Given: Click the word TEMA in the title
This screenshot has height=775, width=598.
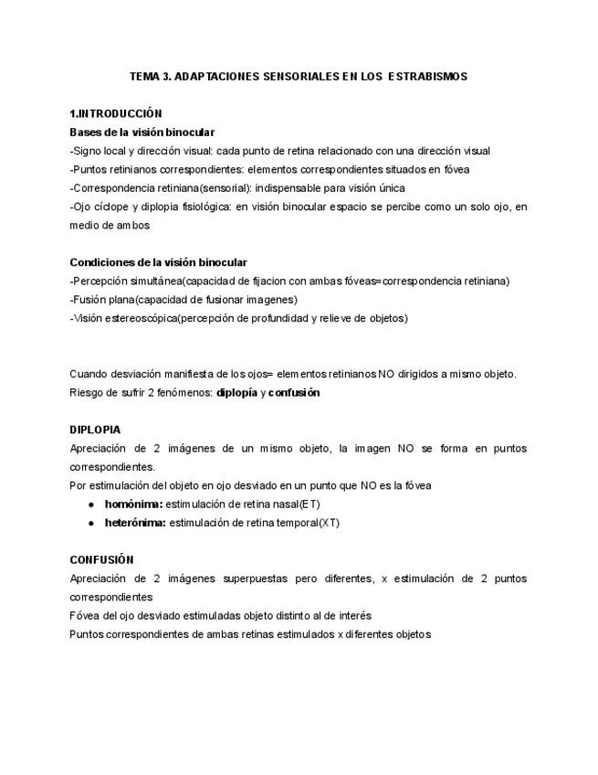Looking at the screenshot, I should point(144,77).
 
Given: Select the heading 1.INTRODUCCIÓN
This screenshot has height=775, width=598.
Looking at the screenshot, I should point(116,114).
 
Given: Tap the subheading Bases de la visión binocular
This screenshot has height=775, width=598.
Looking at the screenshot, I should point(142,133).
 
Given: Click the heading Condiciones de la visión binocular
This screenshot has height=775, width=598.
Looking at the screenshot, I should point(158,262).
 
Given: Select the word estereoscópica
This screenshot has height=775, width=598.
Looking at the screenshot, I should point(138,318).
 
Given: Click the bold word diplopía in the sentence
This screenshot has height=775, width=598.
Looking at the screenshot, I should point(236,392).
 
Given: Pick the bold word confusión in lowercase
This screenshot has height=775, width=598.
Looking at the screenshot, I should point(294,392).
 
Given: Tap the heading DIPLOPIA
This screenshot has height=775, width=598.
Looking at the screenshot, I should point(95,430).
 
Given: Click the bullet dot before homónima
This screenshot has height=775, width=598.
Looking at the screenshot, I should point(91,504).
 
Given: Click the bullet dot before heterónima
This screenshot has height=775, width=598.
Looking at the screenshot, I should point(91,523).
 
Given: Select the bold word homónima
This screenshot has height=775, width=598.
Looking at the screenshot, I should point(133,504).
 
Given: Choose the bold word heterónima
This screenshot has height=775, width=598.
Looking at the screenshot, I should point(135,523).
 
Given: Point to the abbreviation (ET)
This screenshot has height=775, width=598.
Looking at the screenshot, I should point(309,504).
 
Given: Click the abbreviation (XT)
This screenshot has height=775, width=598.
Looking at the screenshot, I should point(329,523).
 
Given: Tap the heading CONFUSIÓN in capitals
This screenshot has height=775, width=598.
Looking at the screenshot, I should point(101,560).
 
